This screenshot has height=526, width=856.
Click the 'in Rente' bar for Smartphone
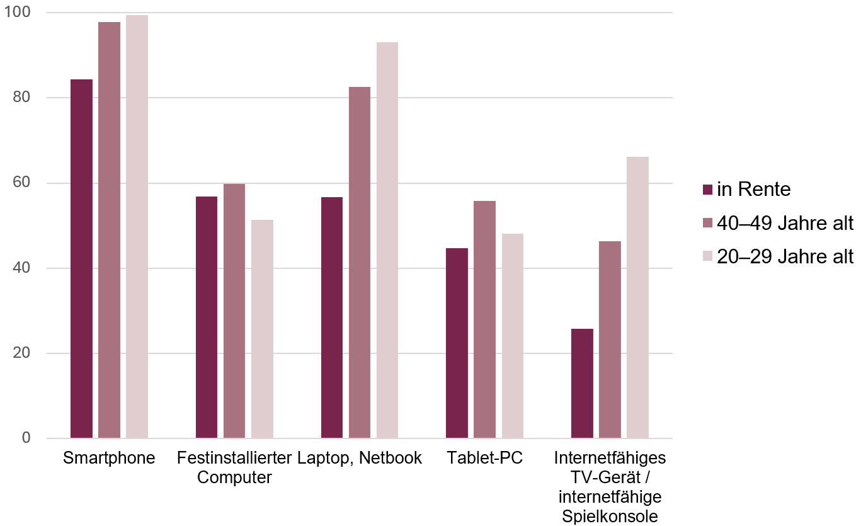pos(81,258)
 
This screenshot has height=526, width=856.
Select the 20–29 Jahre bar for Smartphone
pos(137,227)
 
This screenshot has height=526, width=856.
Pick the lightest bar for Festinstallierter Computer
pos(262,329)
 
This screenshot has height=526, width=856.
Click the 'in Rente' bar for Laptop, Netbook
pos(332,317)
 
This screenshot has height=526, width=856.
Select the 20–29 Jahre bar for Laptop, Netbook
pos(387,240)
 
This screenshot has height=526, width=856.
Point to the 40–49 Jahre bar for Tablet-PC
pos(485,319)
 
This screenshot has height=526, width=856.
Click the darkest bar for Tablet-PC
pos(457,343)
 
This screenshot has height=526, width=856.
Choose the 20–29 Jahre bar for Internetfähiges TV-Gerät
pos(637,297)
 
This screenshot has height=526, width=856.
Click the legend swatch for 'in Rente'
pos(707,189)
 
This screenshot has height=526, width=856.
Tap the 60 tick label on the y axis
pos(21,183)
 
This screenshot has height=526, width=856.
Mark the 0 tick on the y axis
pos(26,438)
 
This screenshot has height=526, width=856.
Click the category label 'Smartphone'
pos(109,458)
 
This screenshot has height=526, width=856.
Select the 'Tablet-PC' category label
pos(484,458)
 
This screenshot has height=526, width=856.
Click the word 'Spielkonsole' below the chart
pos(610,517)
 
